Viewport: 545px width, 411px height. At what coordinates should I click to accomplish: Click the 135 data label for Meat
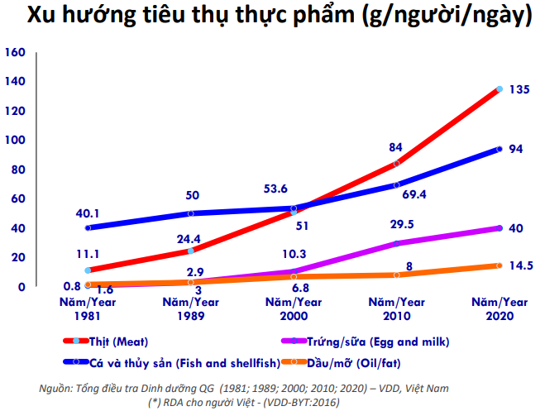519,89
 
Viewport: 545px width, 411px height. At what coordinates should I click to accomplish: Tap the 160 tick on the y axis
15,52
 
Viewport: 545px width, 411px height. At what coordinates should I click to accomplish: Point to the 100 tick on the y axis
15,141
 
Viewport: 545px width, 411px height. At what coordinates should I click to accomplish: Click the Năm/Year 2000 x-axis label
294,308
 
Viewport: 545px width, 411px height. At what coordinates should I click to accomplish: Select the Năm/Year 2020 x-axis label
500,308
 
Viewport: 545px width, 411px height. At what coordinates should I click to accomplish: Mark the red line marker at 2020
500,89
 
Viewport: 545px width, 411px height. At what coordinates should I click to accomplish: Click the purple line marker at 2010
396,243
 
